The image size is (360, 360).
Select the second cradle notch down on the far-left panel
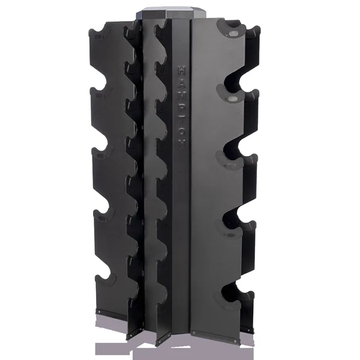click(102, 93)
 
